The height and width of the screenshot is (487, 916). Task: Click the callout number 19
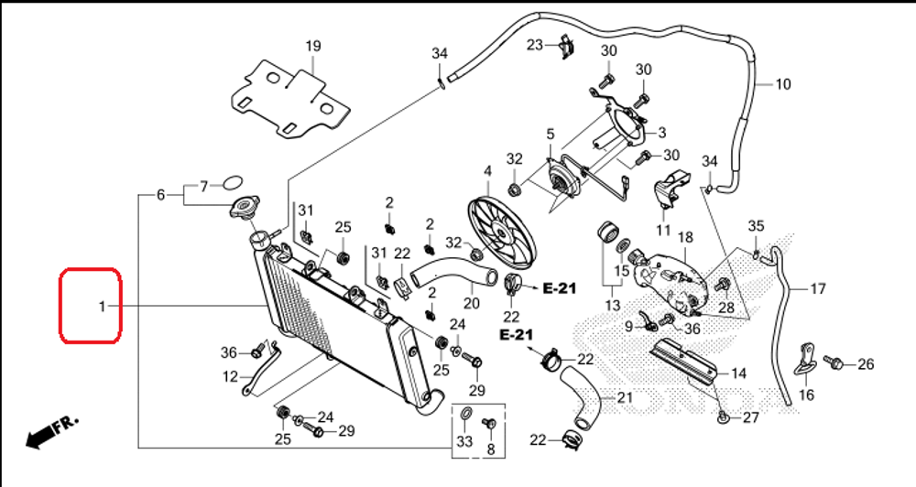(x=313, y=46)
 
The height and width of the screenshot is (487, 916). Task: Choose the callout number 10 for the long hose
(x=782, y=85)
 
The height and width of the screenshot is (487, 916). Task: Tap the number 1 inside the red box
(x=104, y=306)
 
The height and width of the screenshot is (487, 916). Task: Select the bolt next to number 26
(x=834, y=363)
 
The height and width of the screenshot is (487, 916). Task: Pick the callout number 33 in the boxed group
(x=464, y=441)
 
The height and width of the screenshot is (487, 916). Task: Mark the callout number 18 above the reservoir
(x=685, y=237)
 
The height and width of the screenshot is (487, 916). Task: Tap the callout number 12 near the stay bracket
(x=231, y=375)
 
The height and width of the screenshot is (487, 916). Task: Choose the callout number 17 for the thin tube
(x=817, y=288)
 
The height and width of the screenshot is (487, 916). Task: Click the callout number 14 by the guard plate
(x=738, y=373)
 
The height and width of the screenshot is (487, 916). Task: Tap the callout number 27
(x=751, y=418)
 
